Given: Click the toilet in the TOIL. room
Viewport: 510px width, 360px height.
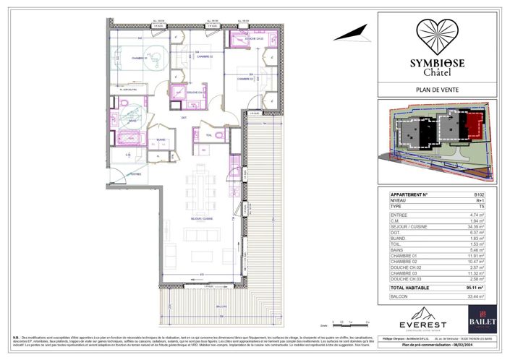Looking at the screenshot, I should coord(195,133).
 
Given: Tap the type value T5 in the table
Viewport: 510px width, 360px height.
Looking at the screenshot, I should coord(478,206).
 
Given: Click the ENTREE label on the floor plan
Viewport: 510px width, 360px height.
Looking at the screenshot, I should coord(135,174).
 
